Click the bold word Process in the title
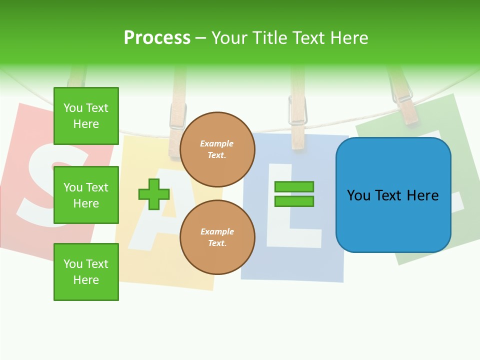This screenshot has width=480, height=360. tap(157, 38)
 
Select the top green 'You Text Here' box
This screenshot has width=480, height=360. tap(86, 116)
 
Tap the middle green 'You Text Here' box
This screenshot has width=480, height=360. tap(86, 195)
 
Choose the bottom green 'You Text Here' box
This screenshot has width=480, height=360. tap(86, 272)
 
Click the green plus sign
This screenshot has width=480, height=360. tap(154, 194)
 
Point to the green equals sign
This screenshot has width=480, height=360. tap(294, 194)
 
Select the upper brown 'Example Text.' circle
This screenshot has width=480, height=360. tap(217, 149)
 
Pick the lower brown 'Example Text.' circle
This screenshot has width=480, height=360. tap(217, 237)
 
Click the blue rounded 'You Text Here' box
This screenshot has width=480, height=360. tap(393, 195)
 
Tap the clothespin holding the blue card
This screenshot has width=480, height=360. tap(297, 117)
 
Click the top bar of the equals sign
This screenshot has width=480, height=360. tap(294, 187)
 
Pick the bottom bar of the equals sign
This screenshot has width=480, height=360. tap(294, 201)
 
